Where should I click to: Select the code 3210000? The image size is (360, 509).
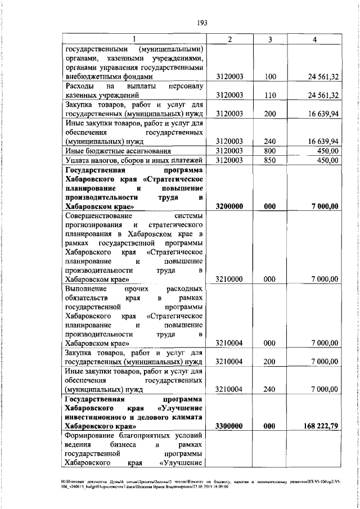pos(229,279)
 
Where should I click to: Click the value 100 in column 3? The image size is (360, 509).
pos(270,76)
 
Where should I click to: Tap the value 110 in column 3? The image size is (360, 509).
pos(270,95)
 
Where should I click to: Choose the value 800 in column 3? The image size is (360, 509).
pos(270,151)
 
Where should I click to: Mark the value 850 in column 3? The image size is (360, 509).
pos(270,160)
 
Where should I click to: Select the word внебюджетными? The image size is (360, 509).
pos(93,76)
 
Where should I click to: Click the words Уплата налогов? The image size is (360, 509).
pos(89,160)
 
